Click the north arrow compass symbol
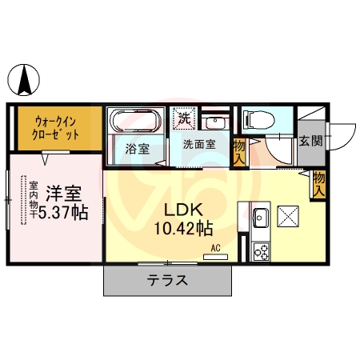26,79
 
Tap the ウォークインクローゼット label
56,128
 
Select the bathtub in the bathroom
135,121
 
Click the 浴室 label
138,148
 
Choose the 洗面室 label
198,145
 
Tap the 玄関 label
310,142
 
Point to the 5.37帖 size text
64,213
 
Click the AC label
216,248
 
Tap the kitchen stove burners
261,251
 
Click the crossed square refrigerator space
289,216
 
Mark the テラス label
167,281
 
